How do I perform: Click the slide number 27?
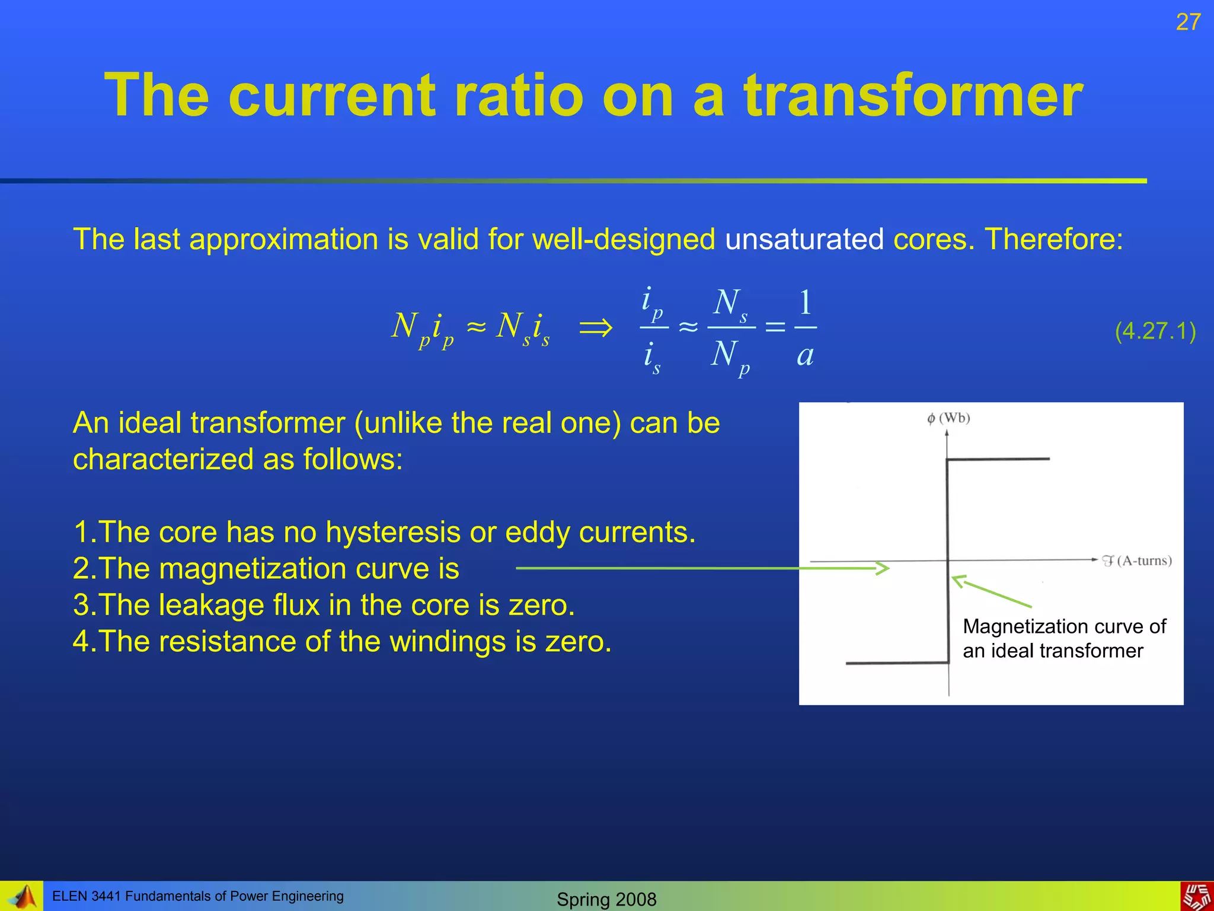(x=1188, y=23)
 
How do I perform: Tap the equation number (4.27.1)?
(x=1155, y=331)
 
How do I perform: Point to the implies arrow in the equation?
(x=595, y=327)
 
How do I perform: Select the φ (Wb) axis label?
(x=948, y=418)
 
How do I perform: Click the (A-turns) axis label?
(x=1144, y=560)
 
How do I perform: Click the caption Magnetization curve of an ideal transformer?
(x=1063, y=638)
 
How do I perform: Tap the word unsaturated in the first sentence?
(x=804, y=240)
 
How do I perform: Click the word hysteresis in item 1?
(x=393, y=532)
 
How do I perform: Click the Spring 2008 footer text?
(x=606, y=899)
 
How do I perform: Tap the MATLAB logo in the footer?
(x=23, y=897)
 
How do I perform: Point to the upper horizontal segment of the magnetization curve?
(x=998, y=458)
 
